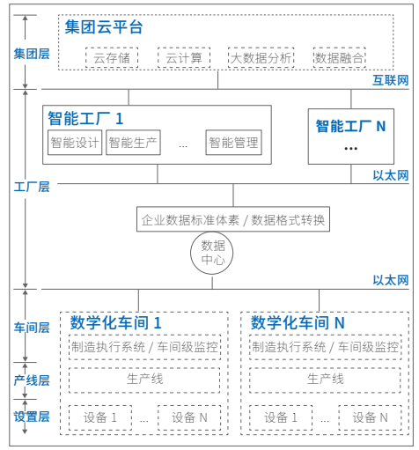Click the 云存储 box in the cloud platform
(112, 57)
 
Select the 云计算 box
(184, 57)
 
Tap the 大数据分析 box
(261, 57)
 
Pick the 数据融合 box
(340, 57)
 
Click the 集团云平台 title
(104, 27)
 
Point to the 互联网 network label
(391, 80)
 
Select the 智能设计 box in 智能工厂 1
(75, 143)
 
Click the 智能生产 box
(133, 143)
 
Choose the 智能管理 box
(233, 143)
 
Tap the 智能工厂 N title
(350, 126)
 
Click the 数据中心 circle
(212, 253)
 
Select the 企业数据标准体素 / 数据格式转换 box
(233, 219)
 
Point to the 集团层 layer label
(32, 54)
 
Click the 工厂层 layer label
(32, 187)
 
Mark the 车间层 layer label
(32, 328)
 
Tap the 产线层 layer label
(32, 380)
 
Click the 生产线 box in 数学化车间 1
(144, 380)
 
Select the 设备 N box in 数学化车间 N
(370, 417)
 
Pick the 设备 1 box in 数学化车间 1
(100, 417)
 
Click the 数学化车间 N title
(298, 322)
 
